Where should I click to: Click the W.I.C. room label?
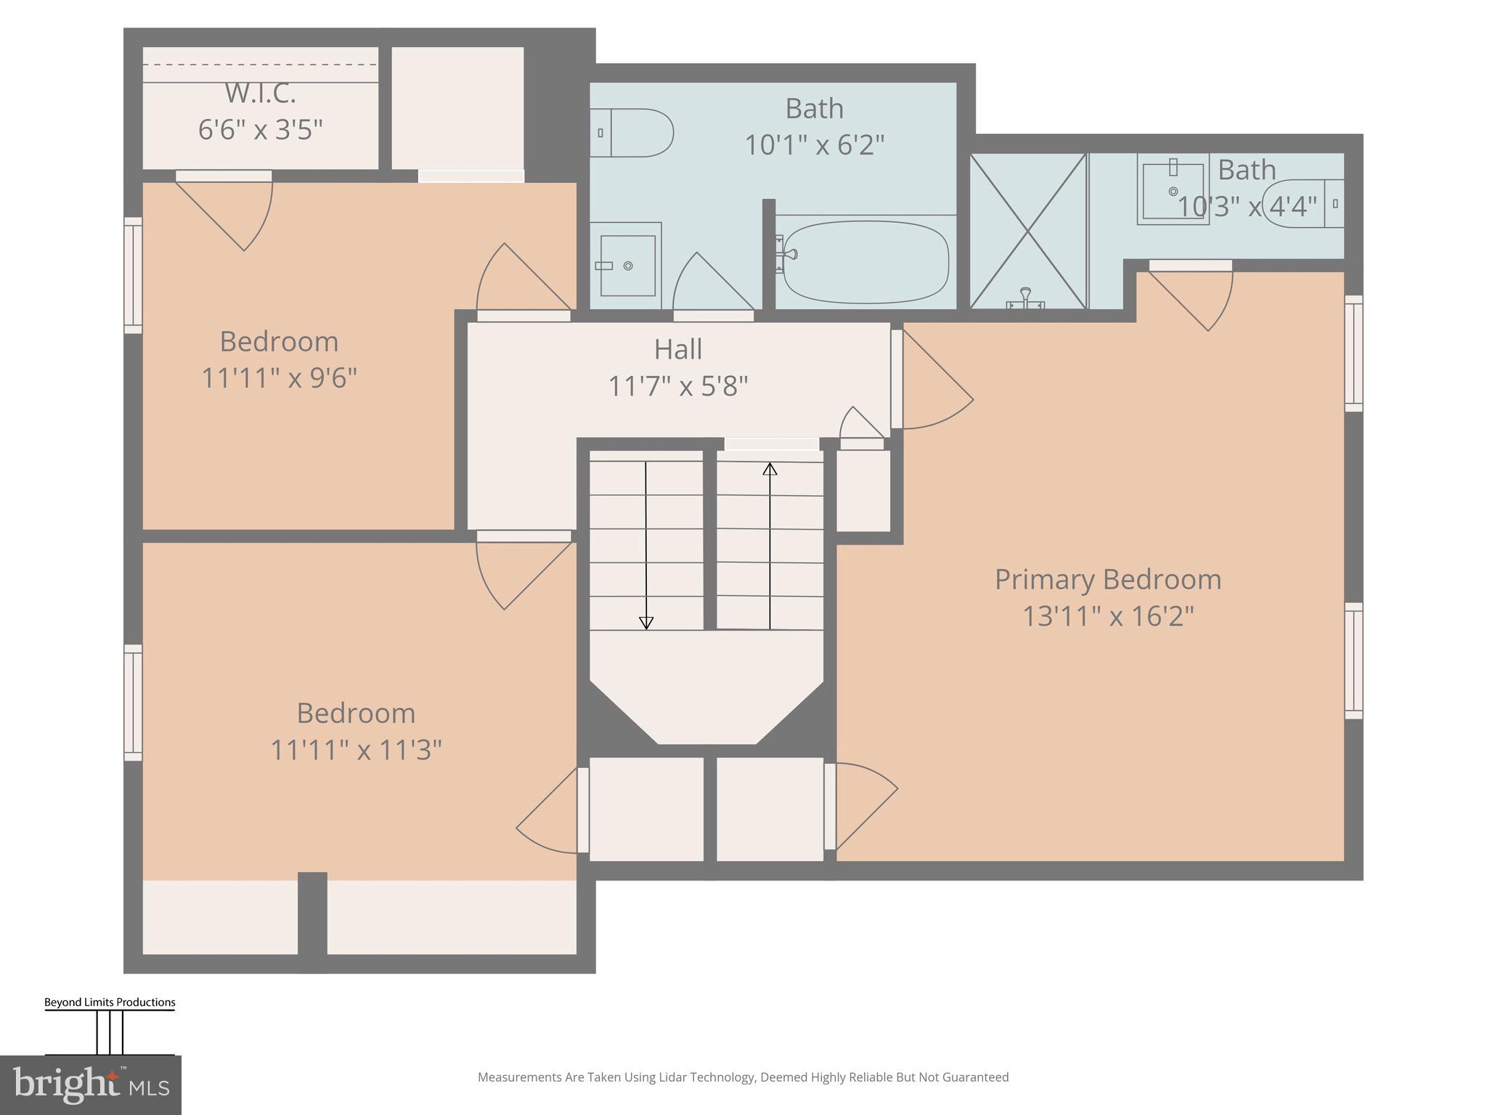(260, 93)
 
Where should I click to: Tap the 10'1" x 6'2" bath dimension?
(814, 145)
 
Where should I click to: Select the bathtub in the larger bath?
(865, 262)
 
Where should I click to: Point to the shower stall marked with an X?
(1027, 231)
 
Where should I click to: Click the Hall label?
(677, 349)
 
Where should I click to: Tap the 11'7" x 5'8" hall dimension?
(677, 386)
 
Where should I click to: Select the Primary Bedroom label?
(1107, 579)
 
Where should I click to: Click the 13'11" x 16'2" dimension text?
(1107, 616)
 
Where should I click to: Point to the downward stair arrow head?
(645, 623)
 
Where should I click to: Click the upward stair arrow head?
(770, 469)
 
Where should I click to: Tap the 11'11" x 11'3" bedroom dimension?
(356, 749)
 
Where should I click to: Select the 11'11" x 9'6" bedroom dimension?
(279, 377)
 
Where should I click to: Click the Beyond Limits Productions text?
(110, 1002)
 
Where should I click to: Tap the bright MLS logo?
(90, 1085)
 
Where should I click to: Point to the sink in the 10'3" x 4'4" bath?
(1172, 190)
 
